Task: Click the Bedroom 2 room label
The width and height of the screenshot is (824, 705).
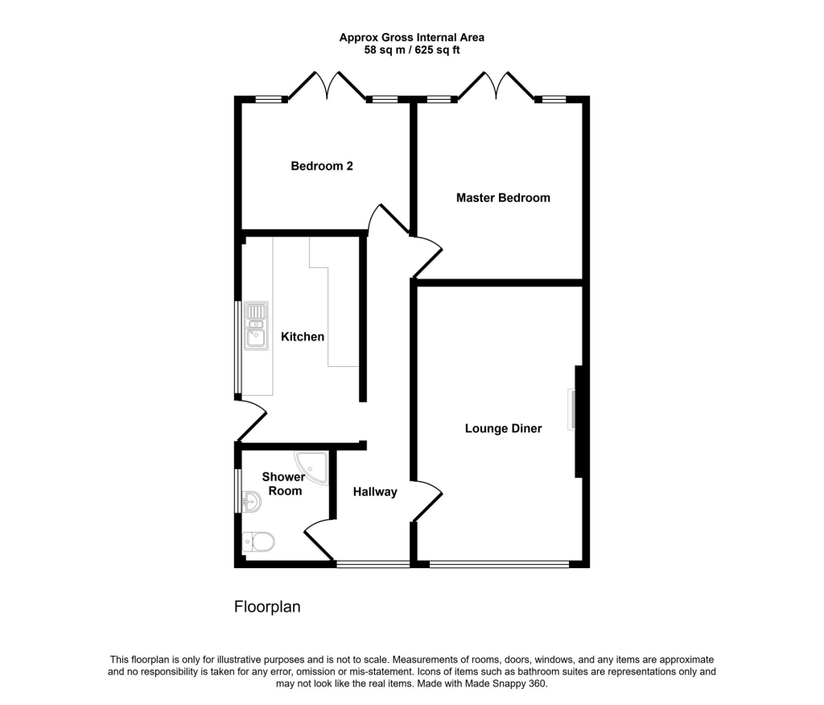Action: pos(322,167)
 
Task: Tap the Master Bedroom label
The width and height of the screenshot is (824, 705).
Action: pos(503,197)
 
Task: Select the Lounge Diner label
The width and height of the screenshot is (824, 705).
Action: pos(503,428)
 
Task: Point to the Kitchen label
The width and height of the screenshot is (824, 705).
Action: pos(303,336)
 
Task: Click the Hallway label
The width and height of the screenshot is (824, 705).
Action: pos(374,492)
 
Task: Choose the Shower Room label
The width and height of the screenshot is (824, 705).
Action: pos(283,484)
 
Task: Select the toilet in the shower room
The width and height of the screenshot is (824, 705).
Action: pos(258,541)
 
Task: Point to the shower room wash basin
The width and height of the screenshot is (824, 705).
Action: pos(251,501)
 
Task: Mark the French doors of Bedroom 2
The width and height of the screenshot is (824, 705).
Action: pos(327,85)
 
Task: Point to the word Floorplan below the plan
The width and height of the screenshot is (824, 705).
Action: pos(267,607)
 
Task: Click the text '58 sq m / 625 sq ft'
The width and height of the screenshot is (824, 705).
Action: pos(411,50)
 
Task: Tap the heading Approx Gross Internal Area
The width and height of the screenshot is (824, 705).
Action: pos(411,37)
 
